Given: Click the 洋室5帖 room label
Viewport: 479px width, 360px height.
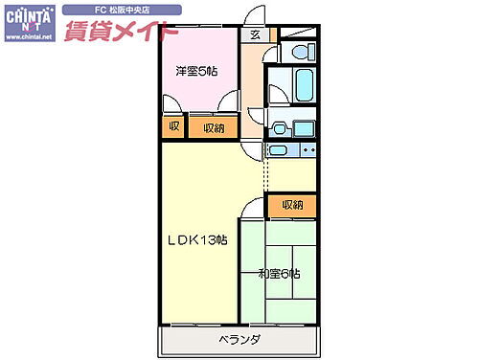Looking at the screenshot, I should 194,71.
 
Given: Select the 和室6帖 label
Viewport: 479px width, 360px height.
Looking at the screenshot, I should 280,275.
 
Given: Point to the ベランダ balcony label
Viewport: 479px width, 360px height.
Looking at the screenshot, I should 238,341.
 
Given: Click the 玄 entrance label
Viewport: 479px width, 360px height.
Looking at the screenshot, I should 254,35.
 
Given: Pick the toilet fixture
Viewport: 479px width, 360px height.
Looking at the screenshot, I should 301,53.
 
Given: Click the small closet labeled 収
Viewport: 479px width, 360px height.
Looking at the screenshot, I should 173,127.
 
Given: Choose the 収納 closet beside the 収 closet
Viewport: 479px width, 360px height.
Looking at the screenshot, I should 213,127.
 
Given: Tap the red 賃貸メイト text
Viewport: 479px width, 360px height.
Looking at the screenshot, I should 119,29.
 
